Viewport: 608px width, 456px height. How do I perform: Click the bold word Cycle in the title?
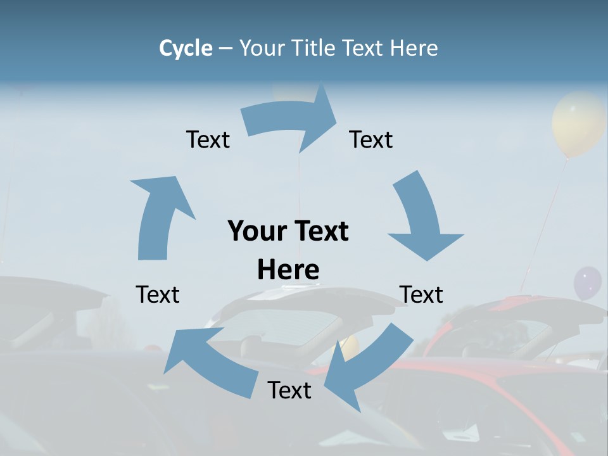coord(186,48)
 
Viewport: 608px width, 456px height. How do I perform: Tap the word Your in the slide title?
coord(262,48)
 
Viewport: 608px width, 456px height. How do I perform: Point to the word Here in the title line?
coord(414,48)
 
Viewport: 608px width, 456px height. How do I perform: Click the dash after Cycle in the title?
coord(226,49)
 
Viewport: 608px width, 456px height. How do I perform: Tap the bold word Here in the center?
coord(288,270)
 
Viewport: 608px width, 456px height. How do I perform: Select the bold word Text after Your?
coord(320,231)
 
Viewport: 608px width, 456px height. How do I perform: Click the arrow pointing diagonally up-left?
coord(212,361)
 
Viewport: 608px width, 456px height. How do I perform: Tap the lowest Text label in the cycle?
coord(289,390)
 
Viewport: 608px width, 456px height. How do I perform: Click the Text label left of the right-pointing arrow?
coord(208,139)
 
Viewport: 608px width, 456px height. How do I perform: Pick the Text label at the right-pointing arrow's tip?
coord(371,139)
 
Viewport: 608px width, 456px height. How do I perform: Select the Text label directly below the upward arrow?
coord(158,294)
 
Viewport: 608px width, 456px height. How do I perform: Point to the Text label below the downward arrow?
coord(421,294)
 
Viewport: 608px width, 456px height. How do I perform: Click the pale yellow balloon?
coord(578,123)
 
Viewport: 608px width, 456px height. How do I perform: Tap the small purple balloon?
coord(587,282)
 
